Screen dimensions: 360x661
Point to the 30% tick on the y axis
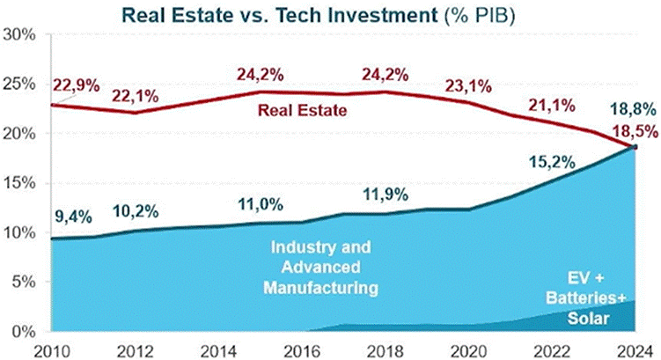coord(18,35)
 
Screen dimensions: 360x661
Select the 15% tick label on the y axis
coord(18,183)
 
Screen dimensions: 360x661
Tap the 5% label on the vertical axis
coord(22,283)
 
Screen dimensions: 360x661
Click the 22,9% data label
coord(75,85)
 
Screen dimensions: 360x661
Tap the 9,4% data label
coord(71,214)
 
